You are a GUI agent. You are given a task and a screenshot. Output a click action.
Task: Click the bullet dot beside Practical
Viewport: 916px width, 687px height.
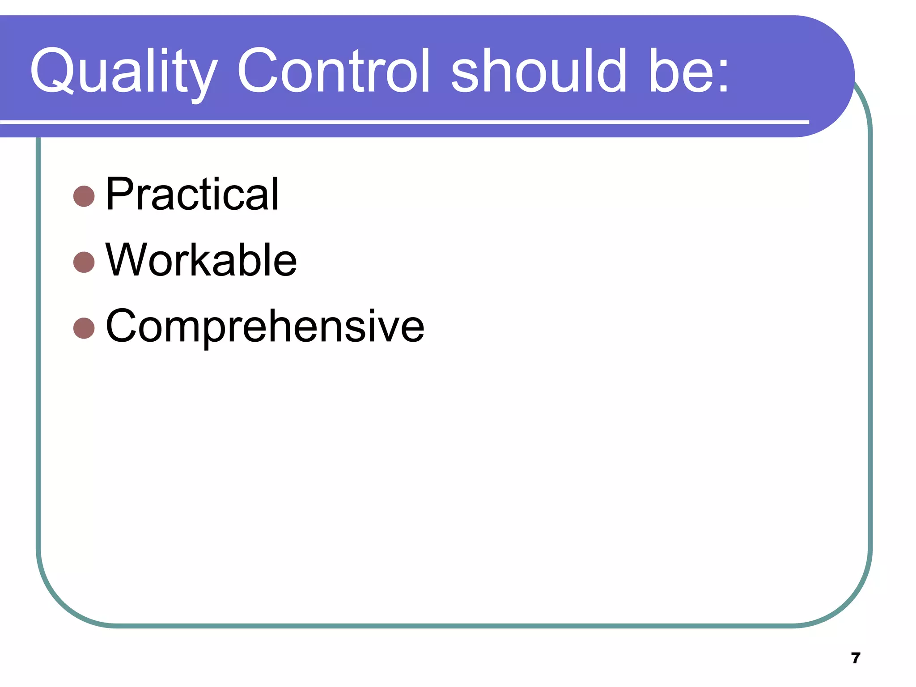pyautogui.click(x=84, y=196)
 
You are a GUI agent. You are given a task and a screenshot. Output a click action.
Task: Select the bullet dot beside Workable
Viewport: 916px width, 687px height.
pyautogui.click(x=84, y=262)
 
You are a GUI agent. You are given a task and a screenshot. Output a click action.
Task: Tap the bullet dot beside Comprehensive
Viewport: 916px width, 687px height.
pyautogui.click(x=84, y=328)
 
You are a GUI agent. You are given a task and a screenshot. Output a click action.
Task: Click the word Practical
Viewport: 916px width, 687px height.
pyautogui.click(x=192, y=194)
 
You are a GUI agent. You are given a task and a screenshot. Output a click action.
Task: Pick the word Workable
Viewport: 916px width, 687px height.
pyautogui.click(x=201, y=260)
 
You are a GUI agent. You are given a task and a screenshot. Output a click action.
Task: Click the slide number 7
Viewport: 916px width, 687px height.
pyautogui.click(x=856, y=658)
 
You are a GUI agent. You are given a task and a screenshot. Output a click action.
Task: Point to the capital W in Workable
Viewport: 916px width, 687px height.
pyautogui.click(x=126, y=260)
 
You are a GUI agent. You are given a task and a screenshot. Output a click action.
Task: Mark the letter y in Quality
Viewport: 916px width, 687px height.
pyautogui.click(x=201, y=78)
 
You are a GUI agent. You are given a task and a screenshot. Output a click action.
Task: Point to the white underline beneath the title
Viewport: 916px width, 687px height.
pyautogui.click(x=403, y=122)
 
